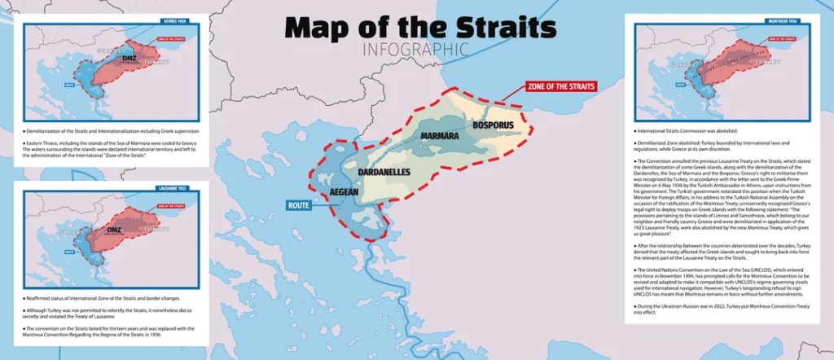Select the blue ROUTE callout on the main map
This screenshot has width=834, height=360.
(x=299, y=206)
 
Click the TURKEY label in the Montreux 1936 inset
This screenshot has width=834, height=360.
(x=770, y=62)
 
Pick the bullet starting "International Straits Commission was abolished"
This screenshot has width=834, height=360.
(x=688, y=130)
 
